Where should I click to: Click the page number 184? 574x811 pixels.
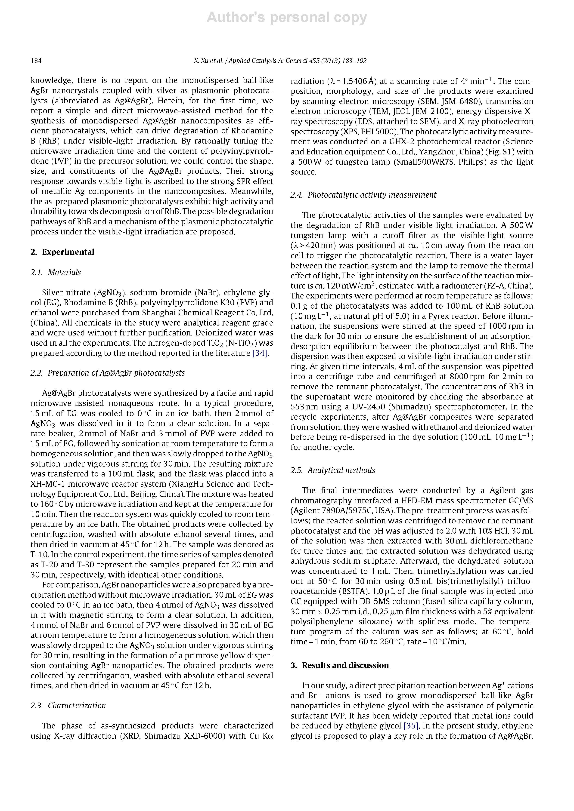coord(36,61)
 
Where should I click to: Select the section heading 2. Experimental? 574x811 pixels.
coord(62,252)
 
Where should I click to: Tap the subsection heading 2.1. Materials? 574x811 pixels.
coord(56,272)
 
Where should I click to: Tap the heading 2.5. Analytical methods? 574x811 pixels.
coord(333,470)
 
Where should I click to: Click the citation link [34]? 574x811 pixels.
coord(260,353)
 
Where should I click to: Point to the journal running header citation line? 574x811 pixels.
coord(280,61)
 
